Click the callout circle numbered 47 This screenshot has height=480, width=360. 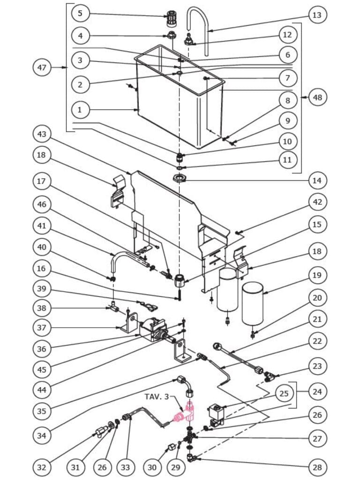(42, 67)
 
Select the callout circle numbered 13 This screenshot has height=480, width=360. (317, 15)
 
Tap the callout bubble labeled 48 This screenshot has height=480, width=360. (317, 97)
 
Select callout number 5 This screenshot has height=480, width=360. (80, 13)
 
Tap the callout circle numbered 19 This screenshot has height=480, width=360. (317, 275)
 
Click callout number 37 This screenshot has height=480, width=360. (42, 328)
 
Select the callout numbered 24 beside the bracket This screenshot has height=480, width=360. (317, 391)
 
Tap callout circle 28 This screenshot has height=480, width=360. (317, 467)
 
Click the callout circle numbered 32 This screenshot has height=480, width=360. (42, 467)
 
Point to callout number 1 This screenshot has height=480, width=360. (80, 110)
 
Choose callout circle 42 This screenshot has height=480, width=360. (317, 202)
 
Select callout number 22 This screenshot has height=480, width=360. (317, 341)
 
